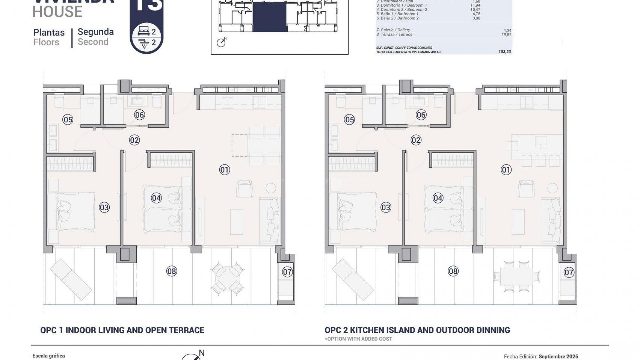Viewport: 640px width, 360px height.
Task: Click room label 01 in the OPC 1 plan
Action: tap(224, 170)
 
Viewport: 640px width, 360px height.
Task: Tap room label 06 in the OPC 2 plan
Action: tap(421, 115)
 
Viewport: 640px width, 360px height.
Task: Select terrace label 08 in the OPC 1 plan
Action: tap(171, 271)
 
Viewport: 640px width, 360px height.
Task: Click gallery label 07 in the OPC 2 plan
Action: tap(569, 272)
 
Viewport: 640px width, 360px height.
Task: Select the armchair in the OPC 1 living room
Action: tap(245, 188)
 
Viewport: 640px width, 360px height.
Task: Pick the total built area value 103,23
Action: tap(505, 52)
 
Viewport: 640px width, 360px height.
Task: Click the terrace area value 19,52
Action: tap(506, 35)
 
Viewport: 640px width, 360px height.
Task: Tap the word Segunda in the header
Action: tap(96, 32)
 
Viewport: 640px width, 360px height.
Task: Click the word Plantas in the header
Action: tap(49, 33)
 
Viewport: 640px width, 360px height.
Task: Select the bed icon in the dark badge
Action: tap(144, 32)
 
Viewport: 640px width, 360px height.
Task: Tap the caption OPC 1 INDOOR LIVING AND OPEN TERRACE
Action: tap(122, 330)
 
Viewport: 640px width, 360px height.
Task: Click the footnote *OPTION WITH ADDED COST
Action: tap(358, 339)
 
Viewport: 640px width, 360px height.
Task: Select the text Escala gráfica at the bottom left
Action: tap(49, 356)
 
